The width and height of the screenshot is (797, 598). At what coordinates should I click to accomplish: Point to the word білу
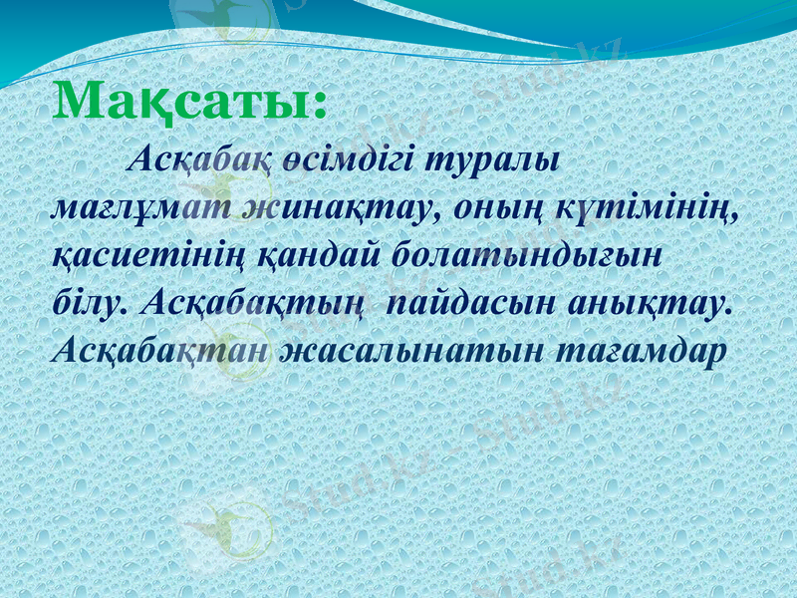[x=92, y=302]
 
